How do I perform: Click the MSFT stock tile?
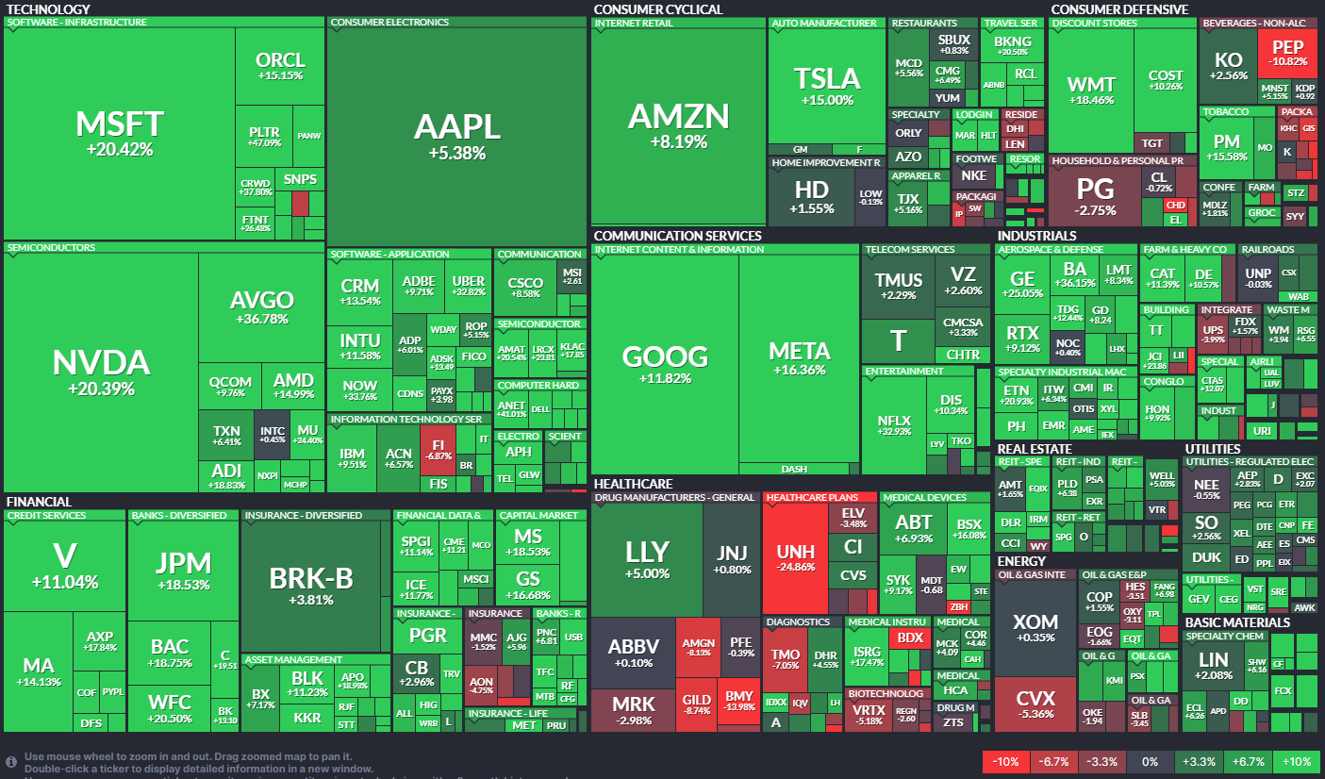click(120, 132)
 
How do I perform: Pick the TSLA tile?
click(827, 85)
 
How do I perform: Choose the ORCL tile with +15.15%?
click(280, 66)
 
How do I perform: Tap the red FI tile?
click(438, 448)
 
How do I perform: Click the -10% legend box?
click(1005, 761)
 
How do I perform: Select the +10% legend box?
click(1296, 761)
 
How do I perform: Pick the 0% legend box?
click(1150, 761)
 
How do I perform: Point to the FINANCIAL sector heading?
click(39, 502)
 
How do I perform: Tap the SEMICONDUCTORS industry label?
click(51, 248)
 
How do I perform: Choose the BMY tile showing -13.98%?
click(739, 702)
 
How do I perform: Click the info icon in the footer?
click(11, 760)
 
